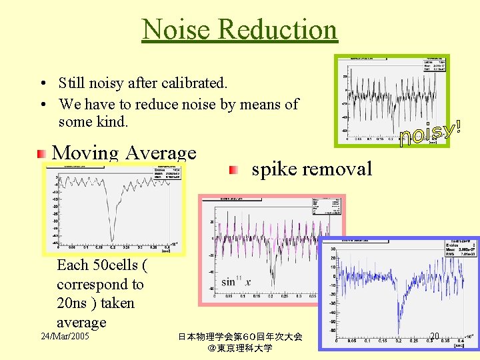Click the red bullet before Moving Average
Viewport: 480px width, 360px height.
click(x=42, y=153)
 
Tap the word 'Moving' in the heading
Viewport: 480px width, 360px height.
click(x=85, y=153)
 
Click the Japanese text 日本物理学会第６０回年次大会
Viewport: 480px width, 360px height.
click(x=240, y=337)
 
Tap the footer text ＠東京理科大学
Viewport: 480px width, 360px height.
click(x=240, y=348)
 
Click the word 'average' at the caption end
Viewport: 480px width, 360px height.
click(x=81, y=323)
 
